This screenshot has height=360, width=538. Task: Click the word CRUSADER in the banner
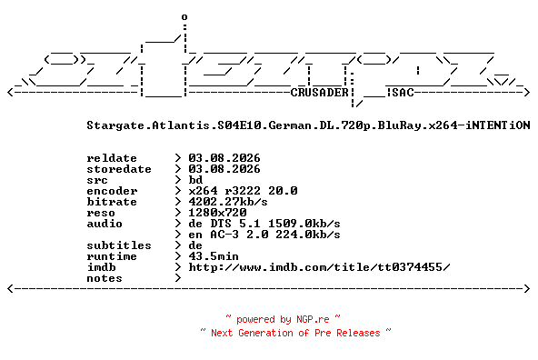pos(320,93)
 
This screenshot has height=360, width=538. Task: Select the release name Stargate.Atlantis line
pos(308,125)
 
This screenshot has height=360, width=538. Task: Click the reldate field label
pos(112,158)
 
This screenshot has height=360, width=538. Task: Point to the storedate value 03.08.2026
pos(224,169)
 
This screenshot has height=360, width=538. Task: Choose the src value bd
pos(195,180)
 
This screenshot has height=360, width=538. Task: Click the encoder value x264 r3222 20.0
pos(243,191)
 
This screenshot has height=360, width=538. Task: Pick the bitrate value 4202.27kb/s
pos(228,202)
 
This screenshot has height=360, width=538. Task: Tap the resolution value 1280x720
pos(217,213)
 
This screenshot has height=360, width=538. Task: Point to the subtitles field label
pos(119,245)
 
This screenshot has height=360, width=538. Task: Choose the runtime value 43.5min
pos(214,256)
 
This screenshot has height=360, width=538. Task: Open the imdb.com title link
pos(319,267)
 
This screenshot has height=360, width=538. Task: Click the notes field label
pos(105,278)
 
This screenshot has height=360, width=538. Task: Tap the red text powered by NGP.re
pos(283,319)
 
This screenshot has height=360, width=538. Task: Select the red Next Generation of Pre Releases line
pos(295,333)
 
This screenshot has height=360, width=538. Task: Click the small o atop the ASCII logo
pos(184,17)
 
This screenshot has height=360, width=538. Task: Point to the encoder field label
pos(112,191)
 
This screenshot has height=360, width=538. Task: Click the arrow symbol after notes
pos(178,278)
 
